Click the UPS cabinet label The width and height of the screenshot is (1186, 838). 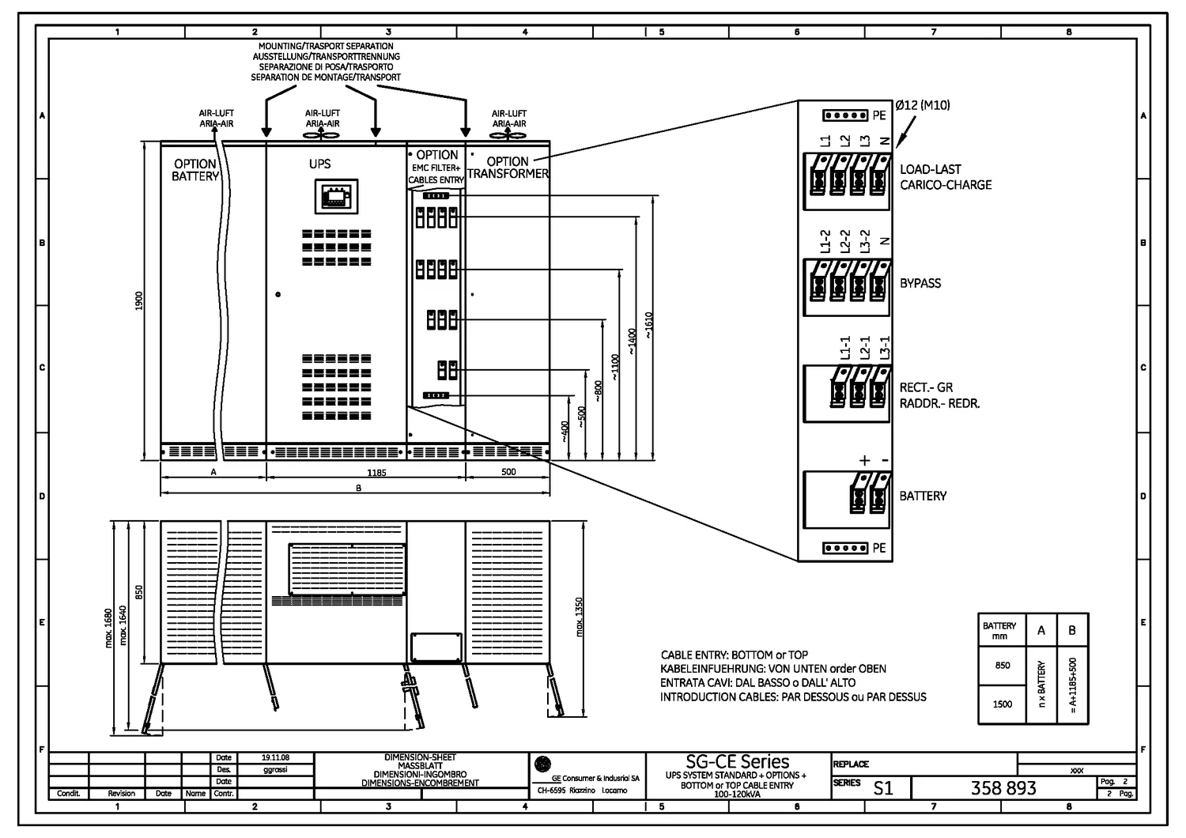click(x=319, y=164)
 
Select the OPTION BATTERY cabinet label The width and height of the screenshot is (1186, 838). click(x=195, y=170)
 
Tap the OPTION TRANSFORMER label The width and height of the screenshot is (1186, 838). click(x=508, y=168)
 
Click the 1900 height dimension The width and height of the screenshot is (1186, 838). click(x=139, y=300)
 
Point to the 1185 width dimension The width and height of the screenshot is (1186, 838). click(x=376, y=472)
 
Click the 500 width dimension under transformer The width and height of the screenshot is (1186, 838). click(x=508, y=472)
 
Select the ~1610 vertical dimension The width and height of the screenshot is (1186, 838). click(x=649, y=325)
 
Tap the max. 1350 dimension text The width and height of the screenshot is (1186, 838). click(x=580, y=617)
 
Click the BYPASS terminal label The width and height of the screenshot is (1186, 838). click(x=920, y=283)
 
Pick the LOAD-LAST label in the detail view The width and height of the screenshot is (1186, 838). click(x=930, y=169)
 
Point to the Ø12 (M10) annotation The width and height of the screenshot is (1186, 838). click(x=923, y=105)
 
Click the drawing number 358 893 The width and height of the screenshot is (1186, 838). click(x=1003, y=787)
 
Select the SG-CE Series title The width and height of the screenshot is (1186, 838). click(x=737, y=761)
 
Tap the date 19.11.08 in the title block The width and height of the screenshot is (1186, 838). click(x=275, y=757)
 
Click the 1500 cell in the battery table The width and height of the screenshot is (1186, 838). click(x=1002, y=704)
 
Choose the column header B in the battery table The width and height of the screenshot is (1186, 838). click(x=1072, y=630)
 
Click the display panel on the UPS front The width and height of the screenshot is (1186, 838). click(x=336, y=196)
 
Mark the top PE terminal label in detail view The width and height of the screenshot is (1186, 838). click(x=879, y=115)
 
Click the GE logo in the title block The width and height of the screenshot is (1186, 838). click(x=542, y=764)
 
